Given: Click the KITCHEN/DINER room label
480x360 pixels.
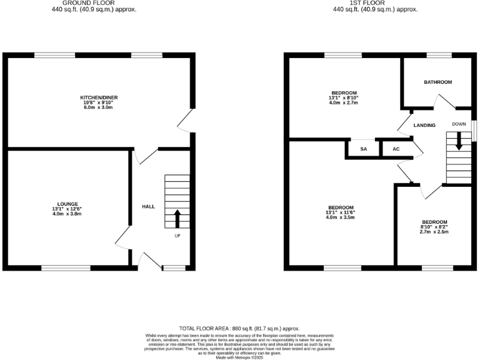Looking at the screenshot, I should click(x=99, y=97).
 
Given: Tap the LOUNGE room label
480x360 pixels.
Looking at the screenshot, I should click(x=67, y=204).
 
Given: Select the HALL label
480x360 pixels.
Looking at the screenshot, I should click(x=148, y=206).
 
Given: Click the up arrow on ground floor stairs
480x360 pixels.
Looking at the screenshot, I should click(x=177, y=218).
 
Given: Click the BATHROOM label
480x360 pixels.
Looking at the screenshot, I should click(x=437, y=82).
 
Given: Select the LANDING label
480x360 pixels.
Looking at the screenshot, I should click(x=424, y=126).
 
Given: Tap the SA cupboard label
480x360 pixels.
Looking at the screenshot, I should click(x=363, y=149).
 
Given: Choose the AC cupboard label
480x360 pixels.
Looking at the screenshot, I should click(x=396, y=149).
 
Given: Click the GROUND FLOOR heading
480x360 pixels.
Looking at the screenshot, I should click(x=94, y=3).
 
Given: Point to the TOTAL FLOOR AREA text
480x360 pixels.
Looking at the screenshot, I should click(x=239, y=328).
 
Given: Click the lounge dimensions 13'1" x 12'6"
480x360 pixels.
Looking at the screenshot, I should click(x=67, y=209).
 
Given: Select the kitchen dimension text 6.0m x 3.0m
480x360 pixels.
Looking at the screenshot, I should click(x=99, y=107).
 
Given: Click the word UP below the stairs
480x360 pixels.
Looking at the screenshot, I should click(x=177, y=236).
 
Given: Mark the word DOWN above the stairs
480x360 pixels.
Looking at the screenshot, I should click(x=459, y=124).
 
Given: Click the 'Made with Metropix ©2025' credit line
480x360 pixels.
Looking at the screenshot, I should click(x=239, y=357).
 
